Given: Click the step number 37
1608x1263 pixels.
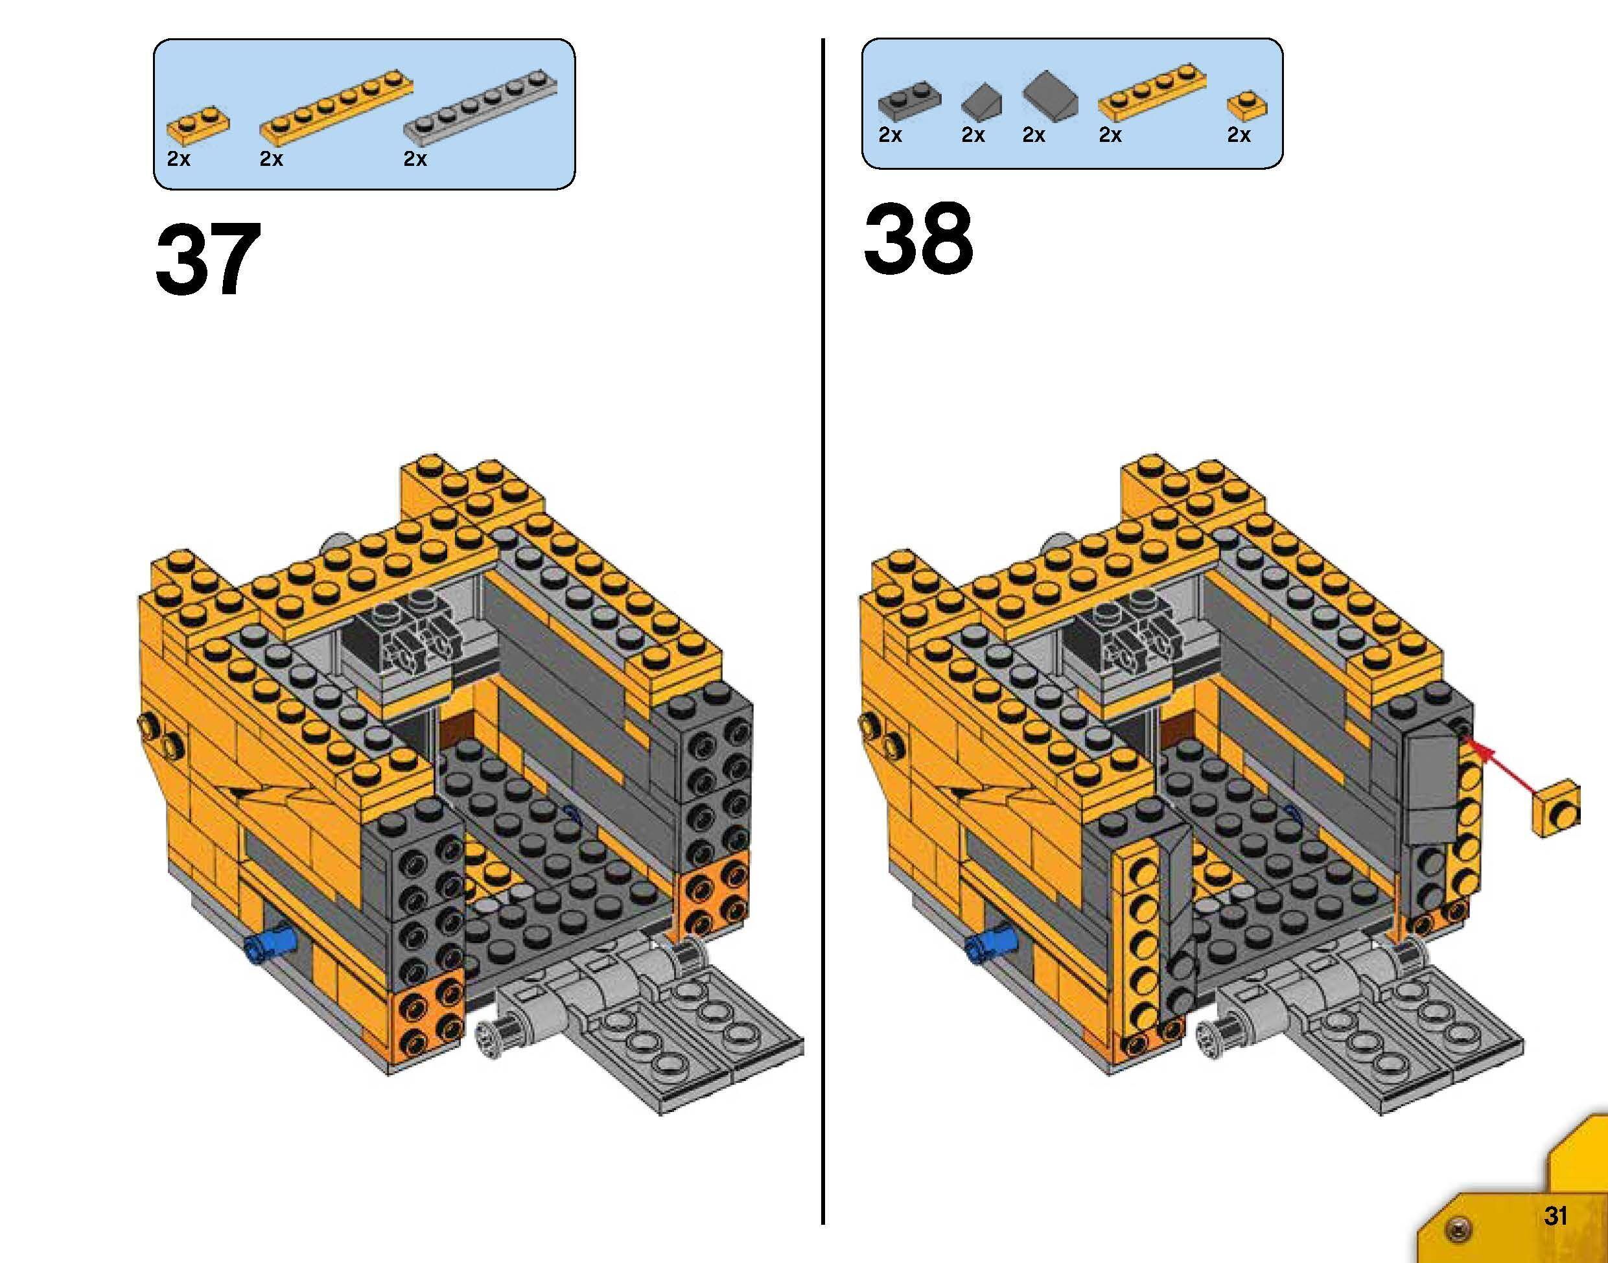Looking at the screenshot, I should tap(208, 261).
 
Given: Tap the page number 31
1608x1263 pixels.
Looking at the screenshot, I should tap(1555, 1216).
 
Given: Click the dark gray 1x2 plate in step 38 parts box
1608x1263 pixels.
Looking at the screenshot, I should tap(909, 100).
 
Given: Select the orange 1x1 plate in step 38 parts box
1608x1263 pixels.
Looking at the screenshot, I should tap(1246, 105).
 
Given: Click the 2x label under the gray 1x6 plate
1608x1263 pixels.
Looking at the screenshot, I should tap(415, 159).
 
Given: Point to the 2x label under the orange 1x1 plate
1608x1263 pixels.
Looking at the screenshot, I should tap(1239, 135).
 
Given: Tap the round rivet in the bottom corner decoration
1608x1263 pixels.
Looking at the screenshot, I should tap(1456, 1229).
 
